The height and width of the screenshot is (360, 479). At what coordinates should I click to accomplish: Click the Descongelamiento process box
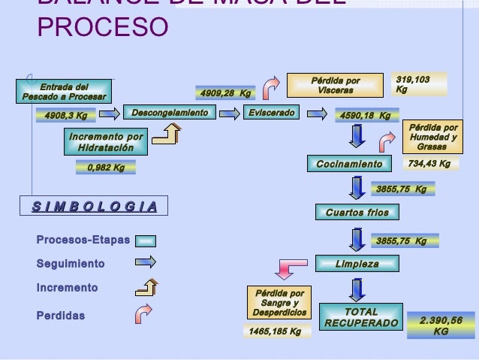tap(170, 113)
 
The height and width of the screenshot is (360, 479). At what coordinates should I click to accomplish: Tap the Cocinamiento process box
tap(349, 164)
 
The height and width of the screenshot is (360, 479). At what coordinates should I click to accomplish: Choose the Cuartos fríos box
tap(357, 213)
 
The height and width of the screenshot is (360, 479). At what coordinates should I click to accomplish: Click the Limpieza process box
tap(357, 264)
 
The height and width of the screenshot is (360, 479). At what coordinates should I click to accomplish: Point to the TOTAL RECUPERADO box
tap(361, 317)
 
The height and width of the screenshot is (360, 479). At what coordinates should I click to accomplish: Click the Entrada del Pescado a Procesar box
tap(64, 91)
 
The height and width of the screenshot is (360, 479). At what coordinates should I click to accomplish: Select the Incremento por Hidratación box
tap(105, 142)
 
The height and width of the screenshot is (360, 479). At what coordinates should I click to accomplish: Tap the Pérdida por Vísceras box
tap(335, 86)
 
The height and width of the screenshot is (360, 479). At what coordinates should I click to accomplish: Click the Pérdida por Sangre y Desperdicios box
tap(279, 302)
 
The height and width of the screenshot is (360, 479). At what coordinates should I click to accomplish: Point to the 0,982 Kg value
tap(106, 168)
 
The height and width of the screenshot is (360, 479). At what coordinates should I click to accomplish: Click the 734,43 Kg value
tap(429, 164)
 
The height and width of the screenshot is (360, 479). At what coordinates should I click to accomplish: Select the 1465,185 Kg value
tap(275, 331)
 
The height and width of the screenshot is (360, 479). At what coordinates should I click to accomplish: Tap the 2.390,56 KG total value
tap(441, 325)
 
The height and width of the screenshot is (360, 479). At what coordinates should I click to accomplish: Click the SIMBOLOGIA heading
tap(95, 206)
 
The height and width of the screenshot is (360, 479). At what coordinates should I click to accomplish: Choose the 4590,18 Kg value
tap(366, 116)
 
